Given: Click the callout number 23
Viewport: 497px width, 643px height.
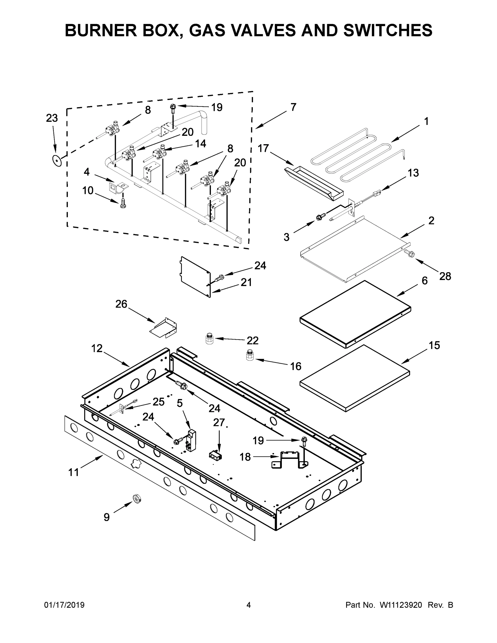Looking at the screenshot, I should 52,118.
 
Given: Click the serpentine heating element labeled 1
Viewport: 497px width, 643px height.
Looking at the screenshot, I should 358,156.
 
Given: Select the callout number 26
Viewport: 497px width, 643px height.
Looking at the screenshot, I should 121,304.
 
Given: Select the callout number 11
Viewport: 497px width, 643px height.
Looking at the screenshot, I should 74,473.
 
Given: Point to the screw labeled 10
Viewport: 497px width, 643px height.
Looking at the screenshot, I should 123,203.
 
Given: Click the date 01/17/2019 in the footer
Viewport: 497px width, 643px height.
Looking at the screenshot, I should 64,605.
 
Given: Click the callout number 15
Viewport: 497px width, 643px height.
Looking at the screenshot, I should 434,345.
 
